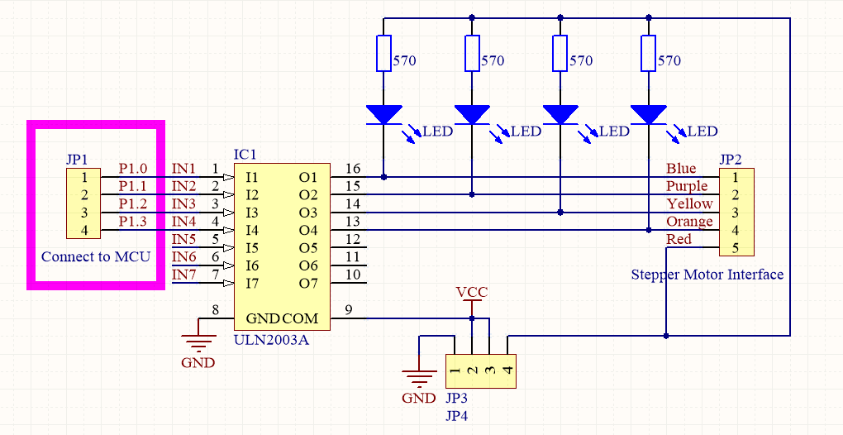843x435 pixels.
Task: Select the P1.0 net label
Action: click(x=132, y=168)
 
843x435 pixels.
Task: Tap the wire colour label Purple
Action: click(x=687, y=186)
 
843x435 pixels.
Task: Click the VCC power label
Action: click(x=472, y=292)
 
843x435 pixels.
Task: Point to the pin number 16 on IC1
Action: click(x=353, y=169)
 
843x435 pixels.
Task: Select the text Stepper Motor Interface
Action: click(x=707, y=275)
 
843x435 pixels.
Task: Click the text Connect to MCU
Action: click(x=96, y=256)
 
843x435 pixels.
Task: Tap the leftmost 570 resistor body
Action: click(x=384, y=54)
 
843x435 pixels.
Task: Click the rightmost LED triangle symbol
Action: click(x=648, y=114)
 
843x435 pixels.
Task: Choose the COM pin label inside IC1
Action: click(x=300, y=318)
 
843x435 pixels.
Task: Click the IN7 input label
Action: click(x=183, y=274)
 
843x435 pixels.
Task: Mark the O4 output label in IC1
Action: click(x=308, y=230)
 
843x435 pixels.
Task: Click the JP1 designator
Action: click(x=77, y=159)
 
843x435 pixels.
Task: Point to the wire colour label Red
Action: click(x=679, y=240)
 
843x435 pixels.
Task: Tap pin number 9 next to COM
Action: click(x=349, y=310)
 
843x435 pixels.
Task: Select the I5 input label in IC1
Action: click(x=252, y=248)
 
